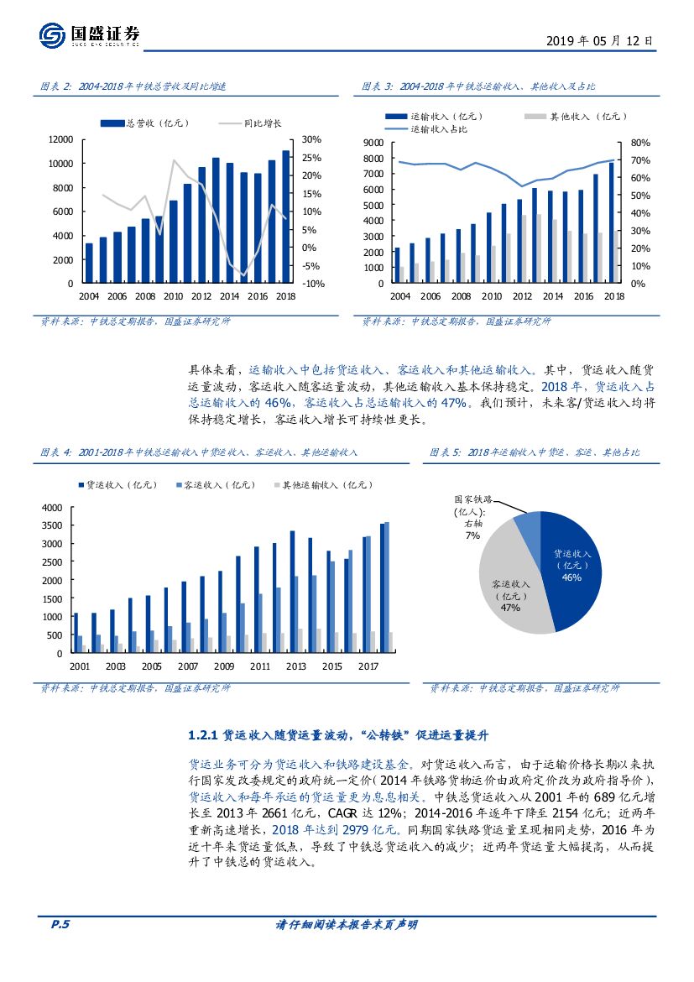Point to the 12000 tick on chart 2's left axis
(61, 139)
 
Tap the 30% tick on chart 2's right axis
(311, 139)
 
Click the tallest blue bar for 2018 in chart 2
(285, 217)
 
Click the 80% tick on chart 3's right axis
(639, 144)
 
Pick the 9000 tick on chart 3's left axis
(373, 144)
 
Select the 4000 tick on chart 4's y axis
(52, 508)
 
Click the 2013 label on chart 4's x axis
(296, 666)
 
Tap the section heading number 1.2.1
(204, 735)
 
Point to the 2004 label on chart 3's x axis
(400, 296)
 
